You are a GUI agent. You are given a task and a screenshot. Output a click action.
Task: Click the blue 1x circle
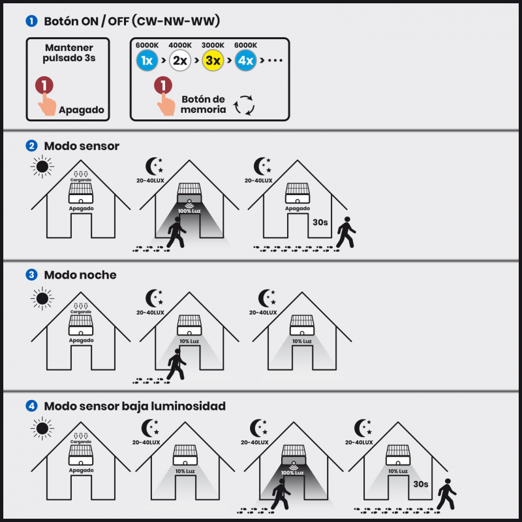coord(147,61)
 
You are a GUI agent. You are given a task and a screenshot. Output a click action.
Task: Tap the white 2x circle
coord(180,61)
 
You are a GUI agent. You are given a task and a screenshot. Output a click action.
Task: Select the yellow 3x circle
coord(213,61)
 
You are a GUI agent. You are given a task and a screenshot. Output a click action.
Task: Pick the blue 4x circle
coord(245,61)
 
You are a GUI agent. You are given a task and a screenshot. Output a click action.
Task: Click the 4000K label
coord(180,45)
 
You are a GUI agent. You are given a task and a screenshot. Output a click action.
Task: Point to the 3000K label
coord(213,45)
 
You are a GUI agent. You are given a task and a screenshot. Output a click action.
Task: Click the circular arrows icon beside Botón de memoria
coord(244,105)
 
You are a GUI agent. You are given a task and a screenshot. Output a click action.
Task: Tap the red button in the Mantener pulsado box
coord(44,85)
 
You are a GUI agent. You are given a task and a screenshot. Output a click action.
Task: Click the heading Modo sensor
coord(82,146)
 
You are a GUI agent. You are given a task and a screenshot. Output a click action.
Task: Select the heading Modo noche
coord(80,275)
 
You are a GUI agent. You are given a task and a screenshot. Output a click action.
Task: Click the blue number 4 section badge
coord(31,406)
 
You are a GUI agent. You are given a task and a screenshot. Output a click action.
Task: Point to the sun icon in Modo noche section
coord(42,299)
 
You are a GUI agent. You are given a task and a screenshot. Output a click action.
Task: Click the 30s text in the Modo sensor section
coord(320,223)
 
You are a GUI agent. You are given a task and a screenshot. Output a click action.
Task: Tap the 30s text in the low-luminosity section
coord(421,484)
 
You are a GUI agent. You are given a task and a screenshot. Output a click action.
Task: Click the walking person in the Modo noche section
coord(176,364)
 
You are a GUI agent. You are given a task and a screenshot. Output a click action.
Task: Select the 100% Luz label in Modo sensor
coord(189,211)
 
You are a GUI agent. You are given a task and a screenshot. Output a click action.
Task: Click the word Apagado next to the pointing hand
coord(82,110)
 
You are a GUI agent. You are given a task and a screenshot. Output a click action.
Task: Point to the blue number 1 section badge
coord(31,22)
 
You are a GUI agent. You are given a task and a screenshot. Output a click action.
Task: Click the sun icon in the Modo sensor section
coord(42,166)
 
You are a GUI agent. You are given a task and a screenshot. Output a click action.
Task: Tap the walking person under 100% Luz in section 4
coord(281,494)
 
